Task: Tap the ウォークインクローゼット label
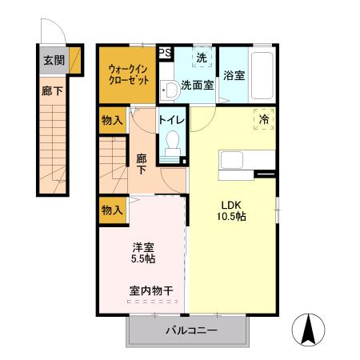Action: tap(127, 74)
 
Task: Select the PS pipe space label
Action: tap(165, 53)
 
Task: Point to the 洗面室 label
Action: tap(196, 85)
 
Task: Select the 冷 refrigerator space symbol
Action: tap(263, 118)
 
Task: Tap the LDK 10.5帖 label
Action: tap(230, 210)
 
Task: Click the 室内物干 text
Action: tap(150, 290)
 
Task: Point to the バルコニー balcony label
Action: tap(191, 330)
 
